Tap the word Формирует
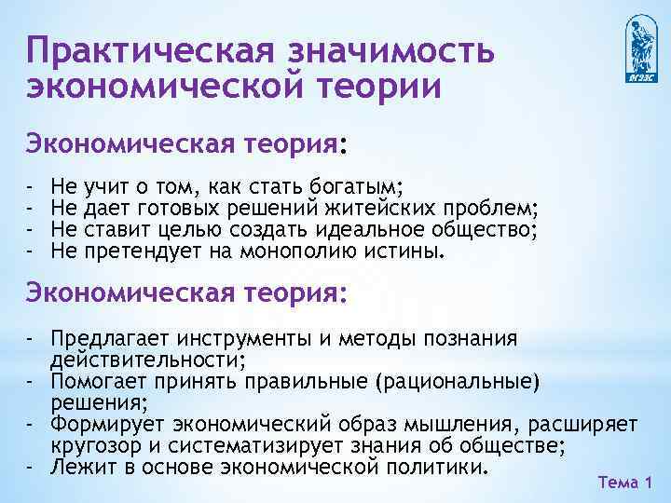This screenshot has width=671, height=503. [103, 423]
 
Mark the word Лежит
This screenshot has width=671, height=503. [79, 466]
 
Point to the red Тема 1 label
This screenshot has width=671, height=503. [623, 483]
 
